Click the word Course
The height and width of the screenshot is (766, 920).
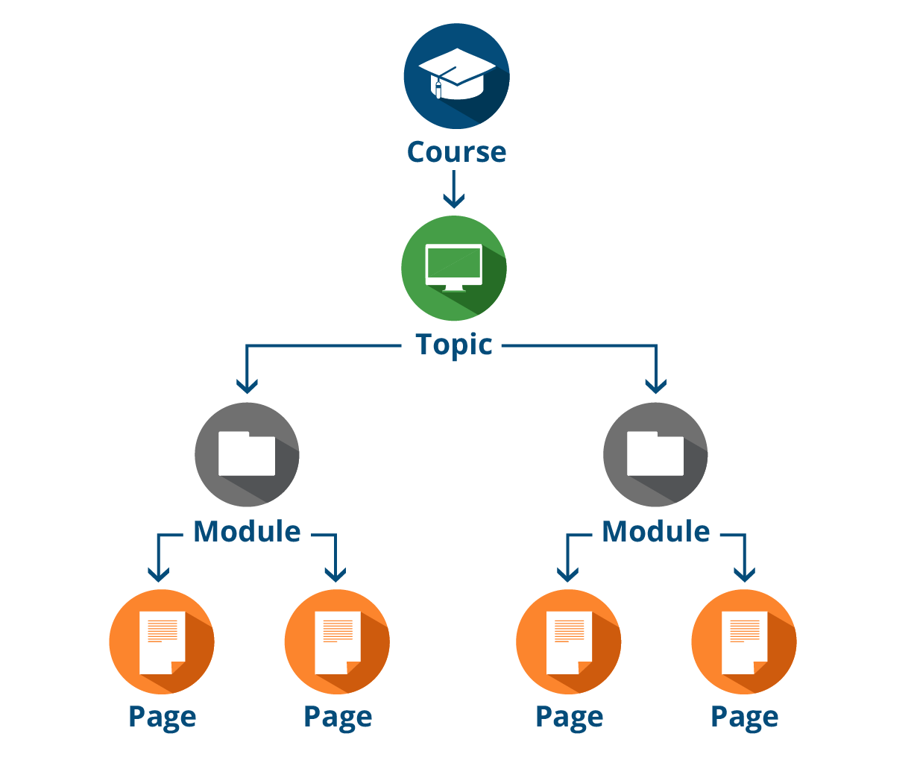pos(456,152)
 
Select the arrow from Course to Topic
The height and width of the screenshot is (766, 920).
pos(453,189)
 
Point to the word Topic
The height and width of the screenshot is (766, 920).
pos(453,345)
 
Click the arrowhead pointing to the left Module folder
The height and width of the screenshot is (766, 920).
pos(247,384)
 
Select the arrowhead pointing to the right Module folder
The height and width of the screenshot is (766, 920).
pos(655,384)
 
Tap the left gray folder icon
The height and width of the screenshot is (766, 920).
pos(247,454)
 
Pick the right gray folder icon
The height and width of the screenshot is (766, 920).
pos(655,454)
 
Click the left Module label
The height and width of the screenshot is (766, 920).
pos(247,532)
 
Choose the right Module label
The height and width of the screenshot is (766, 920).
pos(655,532)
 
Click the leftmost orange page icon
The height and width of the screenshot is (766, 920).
pos(162,642)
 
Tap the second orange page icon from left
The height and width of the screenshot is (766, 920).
pos(337,642)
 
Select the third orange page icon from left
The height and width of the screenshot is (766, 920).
pos(568,642)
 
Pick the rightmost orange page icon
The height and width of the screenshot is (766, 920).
pos(744,642)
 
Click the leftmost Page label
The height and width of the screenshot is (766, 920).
pos(162,717)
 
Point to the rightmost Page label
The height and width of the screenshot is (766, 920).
pos(744,717)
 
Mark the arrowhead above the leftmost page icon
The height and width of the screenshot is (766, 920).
pos(158,573)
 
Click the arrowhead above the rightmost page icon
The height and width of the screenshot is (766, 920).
pos(745,573)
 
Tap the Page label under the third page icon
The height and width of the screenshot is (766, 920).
pos(569,717)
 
